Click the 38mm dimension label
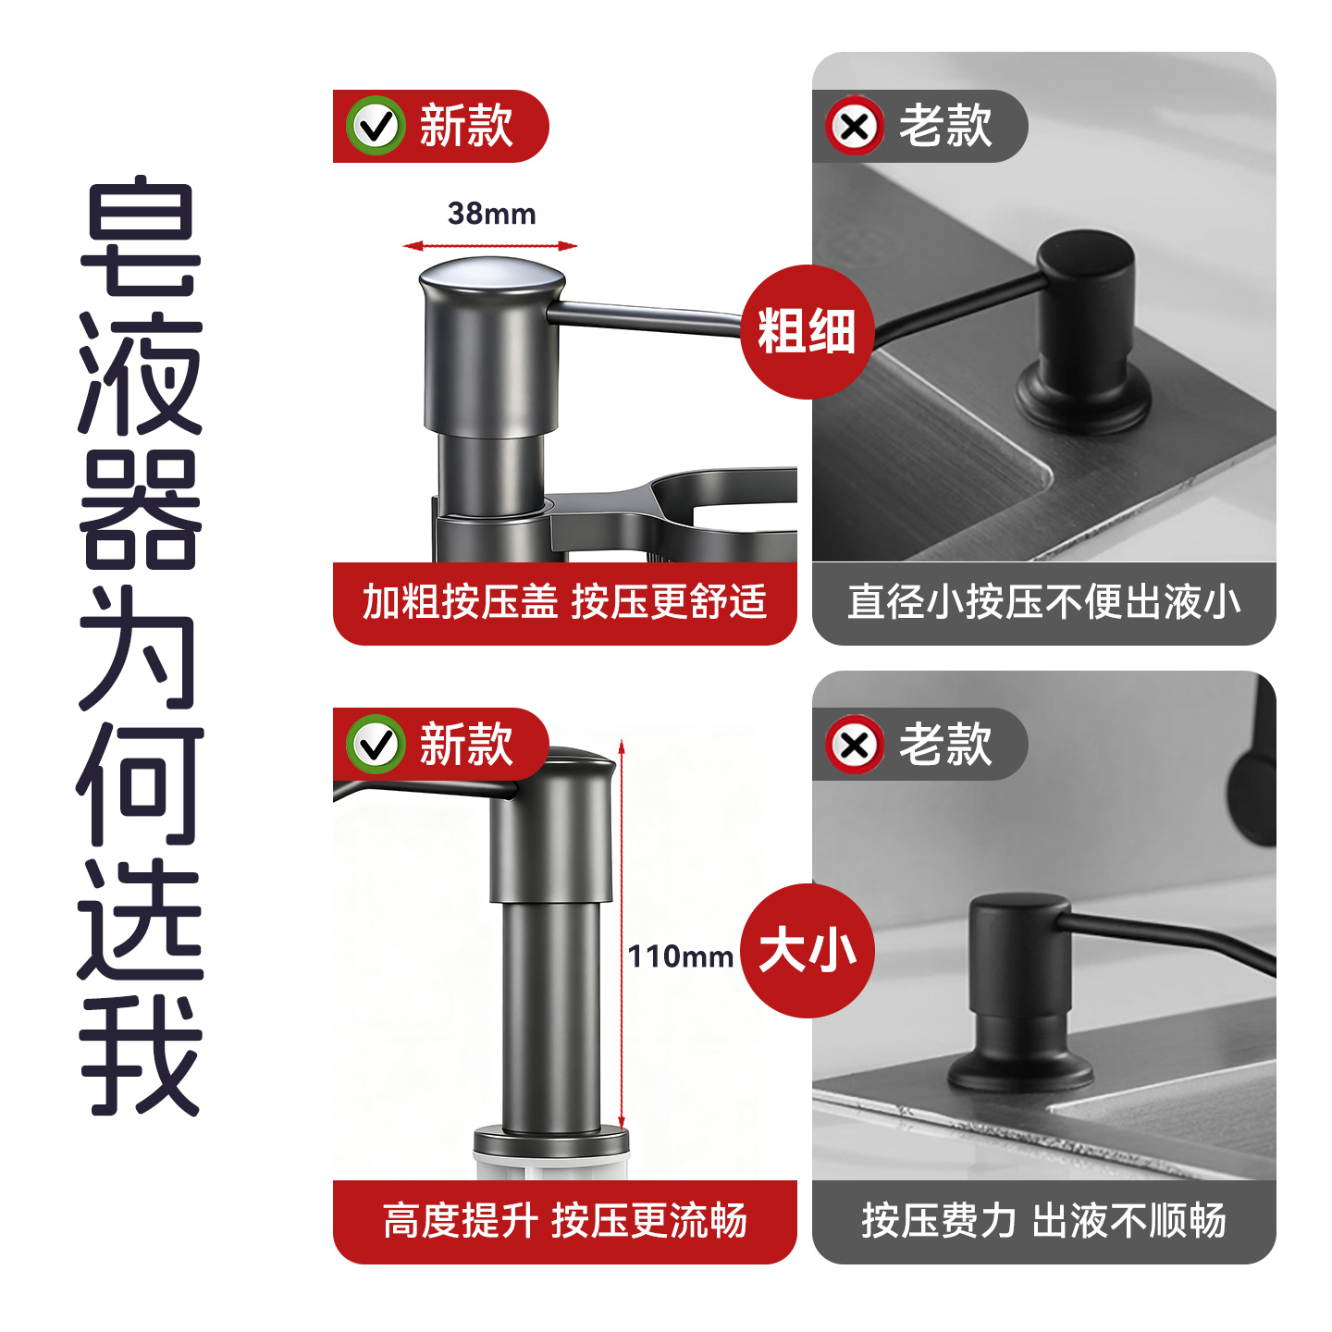click(491, 214)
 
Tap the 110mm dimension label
click(681, 956)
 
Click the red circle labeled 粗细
click(807, 332)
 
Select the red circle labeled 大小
click(807, 951)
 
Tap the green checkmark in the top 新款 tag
click(376, 126)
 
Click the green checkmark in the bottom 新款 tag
click(376, 745)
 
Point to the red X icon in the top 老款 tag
click(855, 126)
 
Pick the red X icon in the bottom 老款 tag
click(855, 745)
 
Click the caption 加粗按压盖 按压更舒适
click(564, 602)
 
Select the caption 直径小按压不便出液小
click(1043, 602)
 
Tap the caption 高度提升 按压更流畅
click(564, 1221)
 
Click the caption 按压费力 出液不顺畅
click(1043, 1221)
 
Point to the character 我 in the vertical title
click(141, 1054)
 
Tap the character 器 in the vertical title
click(141, 510)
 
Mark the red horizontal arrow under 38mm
click(490, 246)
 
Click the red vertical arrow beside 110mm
click(623, 934)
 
